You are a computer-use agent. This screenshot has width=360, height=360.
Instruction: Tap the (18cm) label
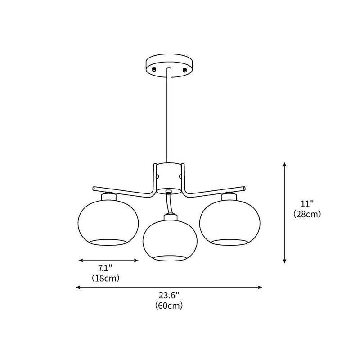click(105, 278)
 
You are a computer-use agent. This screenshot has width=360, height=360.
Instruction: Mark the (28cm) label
click(307, 214)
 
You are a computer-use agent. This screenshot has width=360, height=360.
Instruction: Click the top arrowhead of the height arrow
click(285, 165)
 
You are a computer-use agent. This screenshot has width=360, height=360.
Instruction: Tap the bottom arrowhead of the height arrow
click(285, 261)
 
